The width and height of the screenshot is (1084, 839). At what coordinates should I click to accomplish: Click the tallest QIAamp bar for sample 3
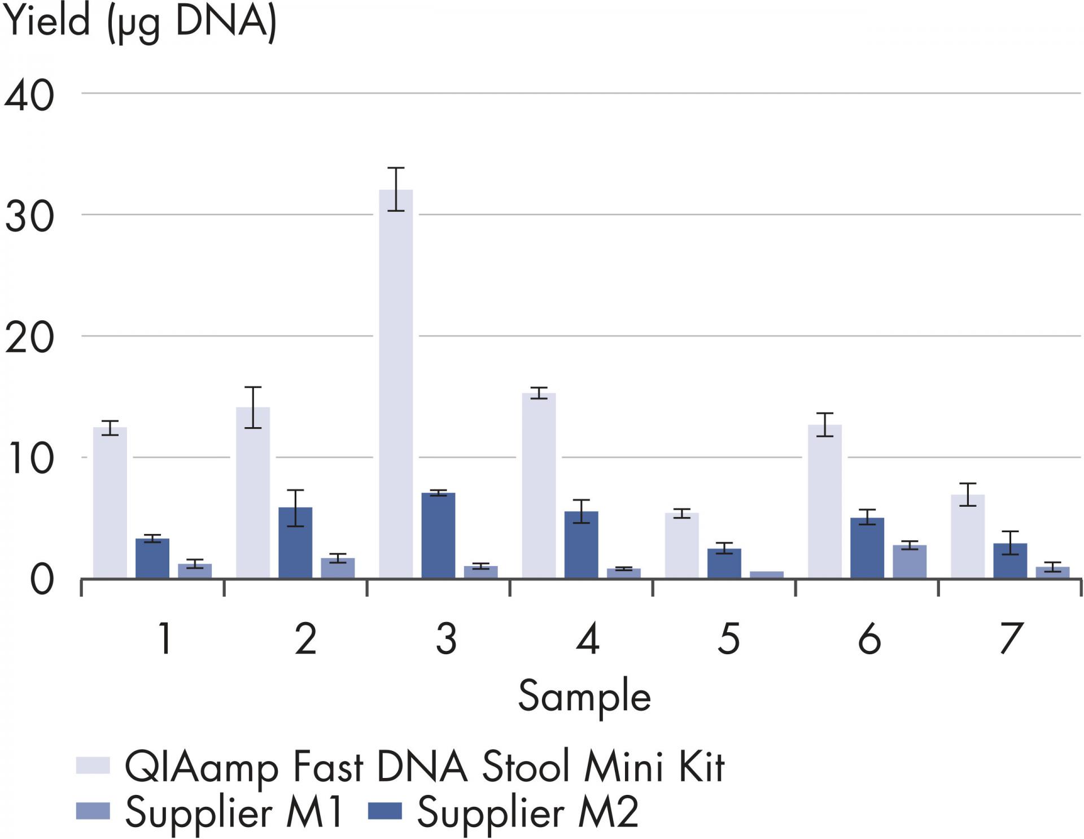(x=396, y=384)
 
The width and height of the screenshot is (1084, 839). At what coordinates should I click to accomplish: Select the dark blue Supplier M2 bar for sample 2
(x=295, y=542)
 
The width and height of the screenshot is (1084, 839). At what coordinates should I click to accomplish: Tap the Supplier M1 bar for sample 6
(x=910, y=562)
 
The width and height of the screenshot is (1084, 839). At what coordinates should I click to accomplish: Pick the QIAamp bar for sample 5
(x=681, y=545)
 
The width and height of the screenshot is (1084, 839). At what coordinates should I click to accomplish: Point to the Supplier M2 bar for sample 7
(x=1010, y=560)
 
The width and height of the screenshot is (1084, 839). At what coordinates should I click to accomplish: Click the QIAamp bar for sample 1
(x=110, y=503)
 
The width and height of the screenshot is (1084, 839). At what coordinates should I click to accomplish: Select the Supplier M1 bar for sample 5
(x=767, y=575)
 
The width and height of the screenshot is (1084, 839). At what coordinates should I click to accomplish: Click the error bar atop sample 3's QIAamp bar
(x=396, y=189)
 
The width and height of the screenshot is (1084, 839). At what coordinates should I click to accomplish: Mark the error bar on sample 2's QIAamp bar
(x=253, y=407)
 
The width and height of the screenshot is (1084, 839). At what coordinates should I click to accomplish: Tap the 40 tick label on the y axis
(x=29, y=95)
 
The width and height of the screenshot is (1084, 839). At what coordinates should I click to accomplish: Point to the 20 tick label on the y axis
(x=29, y=338)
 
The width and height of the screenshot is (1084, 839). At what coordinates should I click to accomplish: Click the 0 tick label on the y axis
(x=42, y=580)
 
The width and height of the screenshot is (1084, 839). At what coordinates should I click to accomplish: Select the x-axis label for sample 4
(x=587, y=639)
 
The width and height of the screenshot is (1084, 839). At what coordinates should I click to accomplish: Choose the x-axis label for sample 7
(x=1011, y=639)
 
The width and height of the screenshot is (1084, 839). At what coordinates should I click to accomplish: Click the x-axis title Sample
(x=584, y=697)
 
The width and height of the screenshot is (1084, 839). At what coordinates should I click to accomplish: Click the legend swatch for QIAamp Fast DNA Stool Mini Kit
(x=93, y=765)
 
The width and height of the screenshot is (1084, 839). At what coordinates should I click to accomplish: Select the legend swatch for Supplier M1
(x=93, y=811)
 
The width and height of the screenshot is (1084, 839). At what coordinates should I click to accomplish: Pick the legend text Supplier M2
(x=527, y=812)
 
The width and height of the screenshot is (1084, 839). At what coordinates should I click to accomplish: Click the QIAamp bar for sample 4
(x=539, y=486)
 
